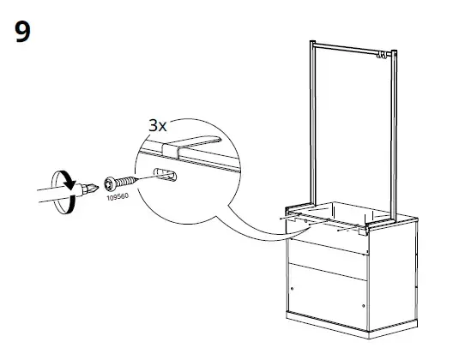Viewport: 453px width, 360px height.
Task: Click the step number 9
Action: (22, 32)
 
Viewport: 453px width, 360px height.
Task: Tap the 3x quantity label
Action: (158, 125)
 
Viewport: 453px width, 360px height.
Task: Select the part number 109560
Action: (118, 197)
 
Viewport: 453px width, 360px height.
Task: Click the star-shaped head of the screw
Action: (110, 183)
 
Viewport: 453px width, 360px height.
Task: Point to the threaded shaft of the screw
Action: (126, 182)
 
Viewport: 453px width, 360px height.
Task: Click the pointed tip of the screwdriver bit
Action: (99, 188)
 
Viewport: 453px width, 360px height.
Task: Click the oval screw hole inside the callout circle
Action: (165, 175)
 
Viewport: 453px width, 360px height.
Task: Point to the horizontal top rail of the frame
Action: (353, 49)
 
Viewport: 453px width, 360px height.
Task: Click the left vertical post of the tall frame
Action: (313, 123)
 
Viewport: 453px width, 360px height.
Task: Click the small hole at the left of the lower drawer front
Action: (292, 289)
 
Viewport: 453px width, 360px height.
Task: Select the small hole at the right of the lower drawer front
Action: (363, 306)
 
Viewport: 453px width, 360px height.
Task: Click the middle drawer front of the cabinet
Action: (328, 259)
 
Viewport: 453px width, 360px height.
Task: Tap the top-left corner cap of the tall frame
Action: (312, 43)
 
